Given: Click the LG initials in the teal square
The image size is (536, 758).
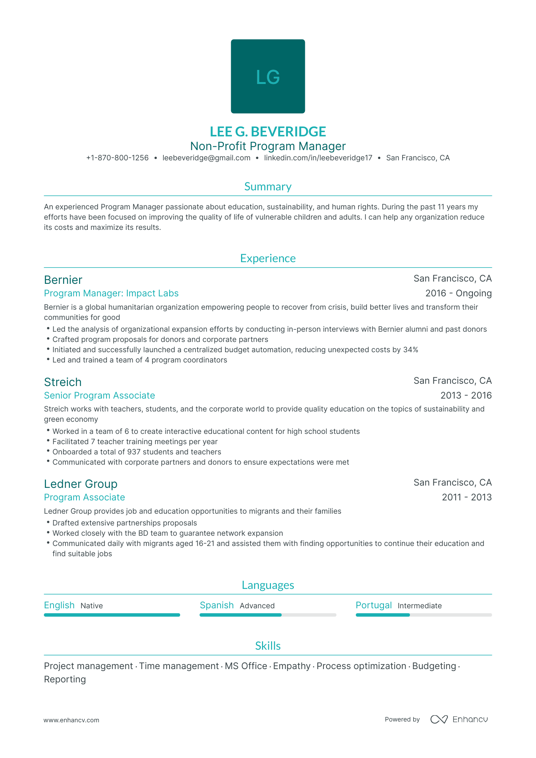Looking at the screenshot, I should point(268,77).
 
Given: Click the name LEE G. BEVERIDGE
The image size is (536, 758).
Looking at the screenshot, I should point(268,131).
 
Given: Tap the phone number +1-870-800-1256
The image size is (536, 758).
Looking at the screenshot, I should point(117,158).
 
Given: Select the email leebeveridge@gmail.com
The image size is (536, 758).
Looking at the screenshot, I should point(206,158).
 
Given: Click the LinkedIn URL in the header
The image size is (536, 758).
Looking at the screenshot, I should point(318,158).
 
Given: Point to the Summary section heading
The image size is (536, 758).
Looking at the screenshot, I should point(268,187).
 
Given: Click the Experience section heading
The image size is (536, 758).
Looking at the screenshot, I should point(268,258).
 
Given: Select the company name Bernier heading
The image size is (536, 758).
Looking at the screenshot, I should point(63,280).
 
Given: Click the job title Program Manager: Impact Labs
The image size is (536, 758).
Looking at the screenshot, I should point(111,293).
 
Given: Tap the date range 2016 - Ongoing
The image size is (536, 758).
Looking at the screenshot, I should point(458,293).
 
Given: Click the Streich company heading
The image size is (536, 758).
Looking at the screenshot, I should point(63,382).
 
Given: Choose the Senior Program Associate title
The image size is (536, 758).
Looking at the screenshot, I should point(99,396).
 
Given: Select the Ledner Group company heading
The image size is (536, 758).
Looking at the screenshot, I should point(81,484).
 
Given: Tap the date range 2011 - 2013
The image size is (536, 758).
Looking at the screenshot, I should point(467,497).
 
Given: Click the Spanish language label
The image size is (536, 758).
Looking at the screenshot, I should point(217,605).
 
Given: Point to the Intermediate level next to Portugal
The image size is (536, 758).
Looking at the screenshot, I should point(420,606).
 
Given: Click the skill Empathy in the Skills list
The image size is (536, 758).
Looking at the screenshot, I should point(292,666).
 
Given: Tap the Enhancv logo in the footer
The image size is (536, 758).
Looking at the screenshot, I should point(459,719).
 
